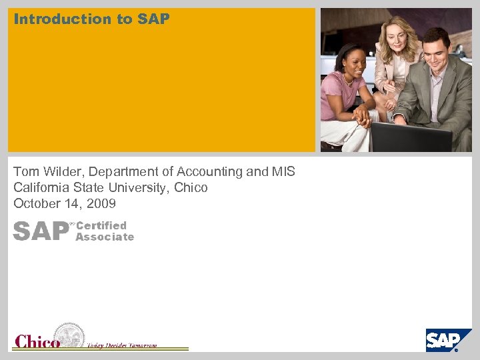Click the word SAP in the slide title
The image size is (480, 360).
(x=154, y=19)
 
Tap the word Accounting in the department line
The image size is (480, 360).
(x=211, y=172)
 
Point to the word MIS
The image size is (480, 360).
(x=283, y=172)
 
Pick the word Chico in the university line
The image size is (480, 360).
(x=191, y=188)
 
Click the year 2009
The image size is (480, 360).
(x=101, y=204)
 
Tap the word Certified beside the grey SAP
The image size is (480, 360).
(x=101, y=226)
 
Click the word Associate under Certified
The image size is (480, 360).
(x=105, y=237)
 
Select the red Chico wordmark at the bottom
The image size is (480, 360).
(x=37, y=341)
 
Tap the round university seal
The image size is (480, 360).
(x=69, y=335)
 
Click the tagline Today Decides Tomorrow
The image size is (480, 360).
(x=122, y=345)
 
